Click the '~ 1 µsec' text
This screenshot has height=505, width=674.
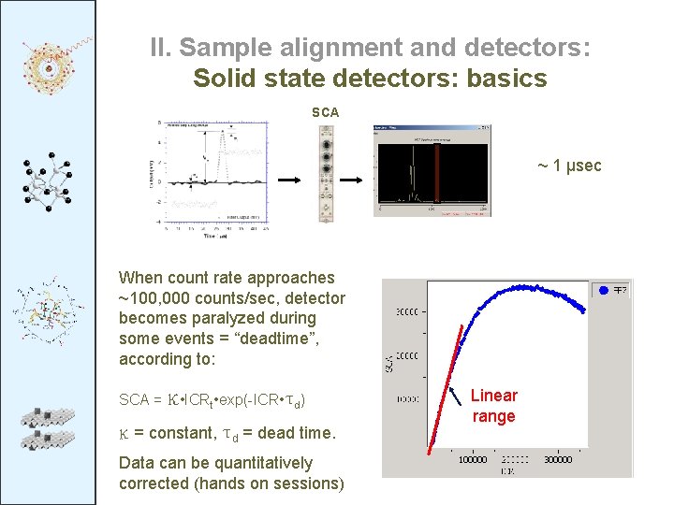click(x=568, y=166)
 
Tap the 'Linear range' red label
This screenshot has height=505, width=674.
click(x=493, y=406)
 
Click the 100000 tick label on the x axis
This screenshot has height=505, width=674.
click(x=472, y=460)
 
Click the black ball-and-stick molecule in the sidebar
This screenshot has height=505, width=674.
click(x=47, y=182)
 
